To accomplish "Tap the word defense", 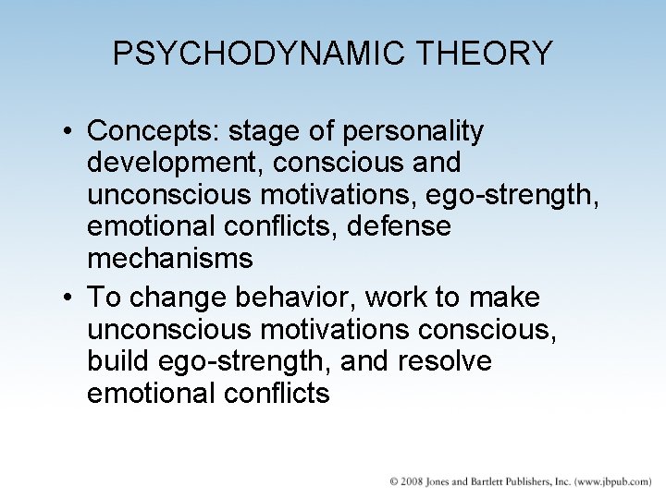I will (x=399, y=226).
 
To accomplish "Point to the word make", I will (x=507, y=298).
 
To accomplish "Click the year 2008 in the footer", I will (x=413, y=481).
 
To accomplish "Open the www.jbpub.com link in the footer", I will (x=613, y=481).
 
